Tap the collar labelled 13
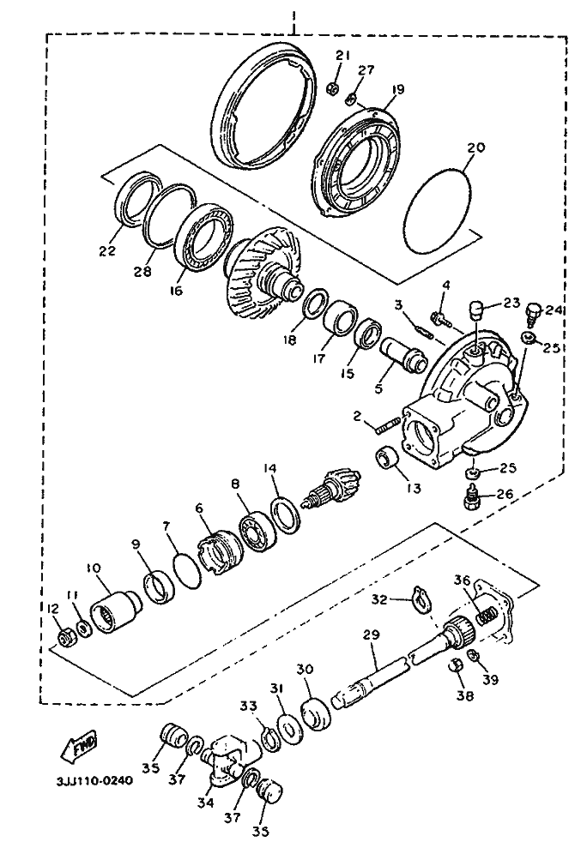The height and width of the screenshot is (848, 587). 387,460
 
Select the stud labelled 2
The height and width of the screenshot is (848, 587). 388,423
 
